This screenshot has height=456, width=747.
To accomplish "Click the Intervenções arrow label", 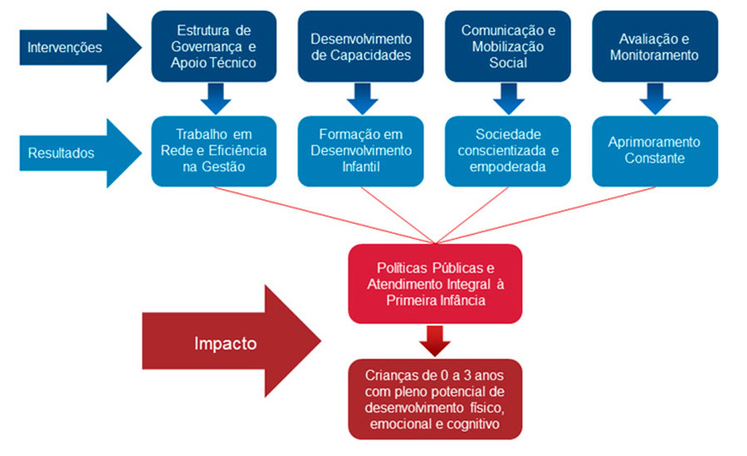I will point(64,47).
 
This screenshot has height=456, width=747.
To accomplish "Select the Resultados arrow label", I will point(61,153).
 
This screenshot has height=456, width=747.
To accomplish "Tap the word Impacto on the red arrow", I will point(225,344).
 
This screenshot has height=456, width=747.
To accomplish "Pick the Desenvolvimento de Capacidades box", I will point(361,47).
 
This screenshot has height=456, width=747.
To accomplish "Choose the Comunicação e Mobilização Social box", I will point(508,47).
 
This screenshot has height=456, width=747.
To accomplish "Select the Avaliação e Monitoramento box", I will point(653,47).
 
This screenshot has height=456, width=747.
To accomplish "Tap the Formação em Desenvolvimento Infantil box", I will point(361,151).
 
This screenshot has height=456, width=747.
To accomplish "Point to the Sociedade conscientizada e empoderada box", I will point(508,151).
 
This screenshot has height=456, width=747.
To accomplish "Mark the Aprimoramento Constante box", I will point(653,151).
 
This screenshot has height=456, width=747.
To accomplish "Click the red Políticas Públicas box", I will point(435,283).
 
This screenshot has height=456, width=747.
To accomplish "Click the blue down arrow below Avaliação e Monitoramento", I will point(653,100).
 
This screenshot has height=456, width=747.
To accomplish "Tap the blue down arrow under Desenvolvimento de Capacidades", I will point(361,100).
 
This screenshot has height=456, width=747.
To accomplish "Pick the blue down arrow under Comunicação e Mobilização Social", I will point(508,100).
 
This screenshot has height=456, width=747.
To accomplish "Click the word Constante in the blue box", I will point(653,158).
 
